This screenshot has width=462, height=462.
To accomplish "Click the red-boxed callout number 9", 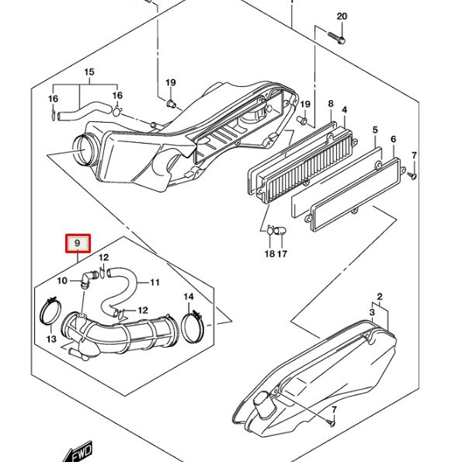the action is pos(78,243).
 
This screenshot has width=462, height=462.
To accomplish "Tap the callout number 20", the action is pos(342,16).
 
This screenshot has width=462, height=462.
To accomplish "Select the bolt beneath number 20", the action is pos(336,37).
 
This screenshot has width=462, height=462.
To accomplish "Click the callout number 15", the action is pos(89,72).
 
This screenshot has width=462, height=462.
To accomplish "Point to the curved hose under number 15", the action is pos(85,111).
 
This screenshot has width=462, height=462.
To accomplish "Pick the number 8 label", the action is pos(331,104).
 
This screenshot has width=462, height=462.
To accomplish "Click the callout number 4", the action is pos(345,110).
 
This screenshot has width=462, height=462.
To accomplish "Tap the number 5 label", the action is pos(375,130).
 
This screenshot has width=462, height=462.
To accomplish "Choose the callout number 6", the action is pos(394,139).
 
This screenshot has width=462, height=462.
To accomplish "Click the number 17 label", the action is pos(283,254).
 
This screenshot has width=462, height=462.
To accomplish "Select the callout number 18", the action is pos(269,254).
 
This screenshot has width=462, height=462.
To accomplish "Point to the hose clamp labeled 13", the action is pos(50,311).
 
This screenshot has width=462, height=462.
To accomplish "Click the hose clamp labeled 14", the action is pos(193,326).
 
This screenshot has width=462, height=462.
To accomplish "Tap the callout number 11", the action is pos(155,283).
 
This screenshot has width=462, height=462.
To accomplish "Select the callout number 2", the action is pos(380,297).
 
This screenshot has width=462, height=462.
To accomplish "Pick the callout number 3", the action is pos(372,312).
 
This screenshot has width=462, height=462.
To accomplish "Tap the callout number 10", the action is pos(62,281).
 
